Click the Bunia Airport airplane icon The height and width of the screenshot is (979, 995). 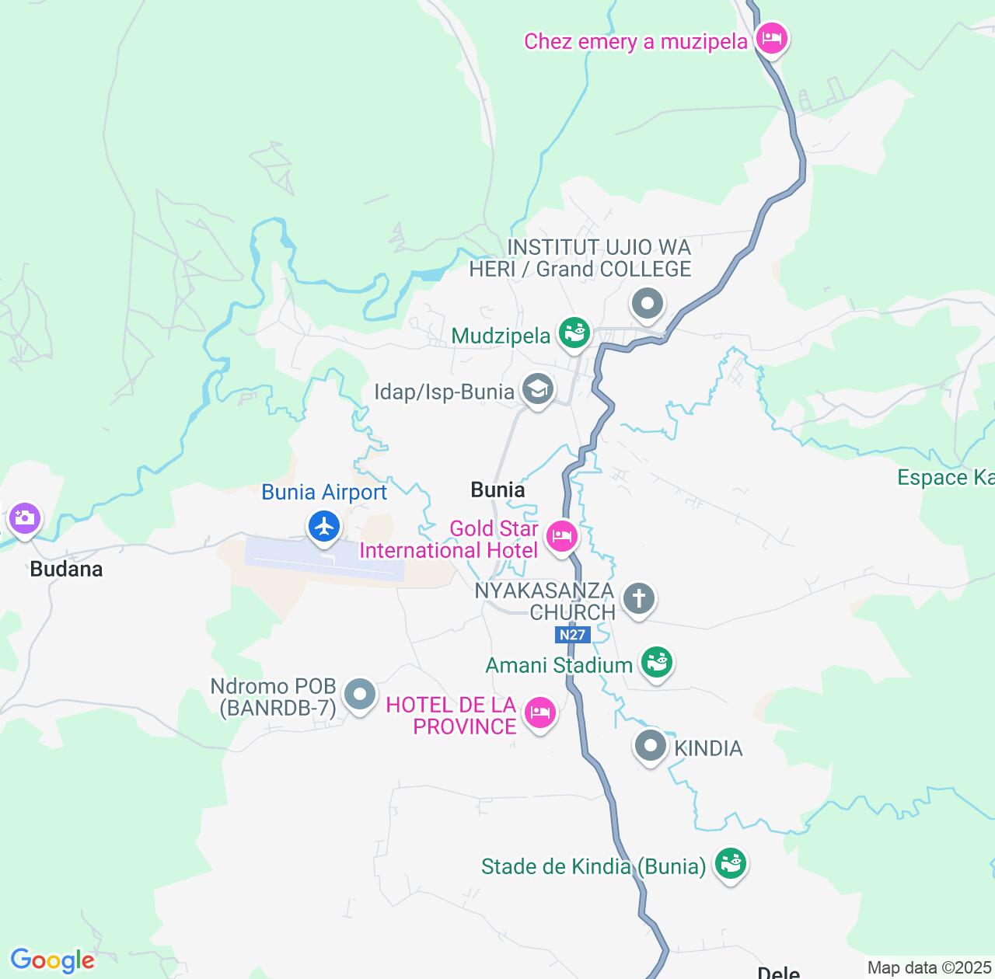click(x=324, y=527)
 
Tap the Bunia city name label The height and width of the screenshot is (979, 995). click(x=497, y=490)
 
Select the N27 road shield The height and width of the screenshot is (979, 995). click(x=572, y=635)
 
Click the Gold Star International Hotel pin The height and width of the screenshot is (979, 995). click(x=561, y=535)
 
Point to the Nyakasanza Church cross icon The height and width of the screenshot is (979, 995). click(x=639, y=598)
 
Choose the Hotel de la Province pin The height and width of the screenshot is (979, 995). click(x=539, y=712)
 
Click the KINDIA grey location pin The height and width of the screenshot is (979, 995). click(x=651, y=747)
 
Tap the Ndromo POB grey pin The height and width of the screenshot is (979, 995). click(x=360, y=694)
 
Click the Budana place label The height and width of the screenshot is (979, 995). click(x=66, y=570)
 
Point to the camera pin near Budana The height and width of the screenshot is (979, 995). click(x=24, y=517)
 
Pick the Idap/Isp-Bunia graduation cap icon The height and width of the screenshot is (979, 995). click(x=537, y=388)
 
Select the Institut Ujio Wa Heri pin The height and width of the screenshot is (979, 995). click(x=648, y=304)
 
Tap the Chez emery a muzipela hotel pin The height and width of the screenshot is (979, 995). click(x=771, y=37)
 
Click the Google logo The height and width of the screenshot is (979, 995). click(x=52, y=960)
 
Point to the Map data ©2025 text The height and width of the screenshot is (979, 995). click(x=930, y=968)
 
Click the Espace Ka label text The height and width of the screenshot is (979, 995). click(x=945, y=478)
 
